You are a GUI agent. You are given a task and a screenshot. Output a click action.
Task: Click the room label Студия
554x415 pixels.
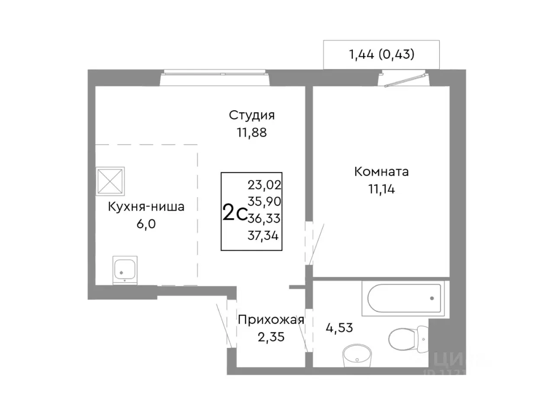click(x=251, y=115)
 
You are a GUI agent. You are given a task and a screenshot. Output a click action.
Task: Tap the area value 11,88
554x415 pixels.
click(x=251, y=133)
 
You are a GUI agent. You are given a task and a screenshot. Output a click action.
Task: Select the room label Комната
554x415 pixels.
click(x=381, y=172)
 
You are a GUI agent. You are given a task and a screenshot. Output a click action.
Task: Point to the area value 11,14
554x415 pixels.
click(x=381, y=189)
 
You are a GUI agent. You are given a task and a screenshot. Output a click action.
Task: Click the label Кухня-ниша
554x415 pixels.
click(x=146, y=207)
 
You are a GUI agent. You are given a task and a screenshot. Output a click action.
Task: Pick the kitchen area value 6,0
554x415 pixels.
click(x=146, y=224)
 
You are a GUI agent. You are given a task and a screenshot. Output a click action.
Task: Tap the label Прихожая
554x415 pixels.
click(x=271, y=320)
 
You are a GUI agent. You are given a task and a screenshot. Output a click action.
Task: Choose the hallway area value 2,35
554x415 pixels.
click(x=271, y=337)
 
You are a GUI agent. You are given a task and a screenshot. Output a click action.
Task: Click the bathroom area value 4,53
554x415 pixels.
click(x=339, y=328)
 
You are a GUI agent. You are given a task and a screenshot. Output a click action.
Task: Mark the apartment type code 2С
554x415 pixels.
click(x=234, y=213)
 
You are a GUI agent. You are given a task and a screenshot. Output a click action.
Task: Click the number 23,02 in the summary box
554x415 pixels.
click(x=264, y=185)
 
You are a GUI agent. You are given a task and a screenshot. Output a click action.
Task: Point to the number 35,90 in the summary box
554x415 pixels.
click(x=264, y=202)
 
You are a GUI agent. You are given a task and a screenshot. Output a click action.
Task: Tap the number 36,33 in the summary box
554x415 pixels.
click(x=264, y=219)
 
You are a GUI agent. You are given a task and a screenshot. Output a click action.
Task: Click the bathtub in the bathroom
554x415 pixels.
click(x=404, y=298)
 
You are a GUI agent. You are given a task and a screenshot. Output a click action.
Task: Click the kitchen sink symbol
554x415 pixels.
click(x=125, y=270)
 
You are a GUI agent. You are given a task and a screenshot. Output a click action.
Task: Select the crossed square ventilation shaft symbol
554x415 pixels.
click(x=110, y=181)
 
